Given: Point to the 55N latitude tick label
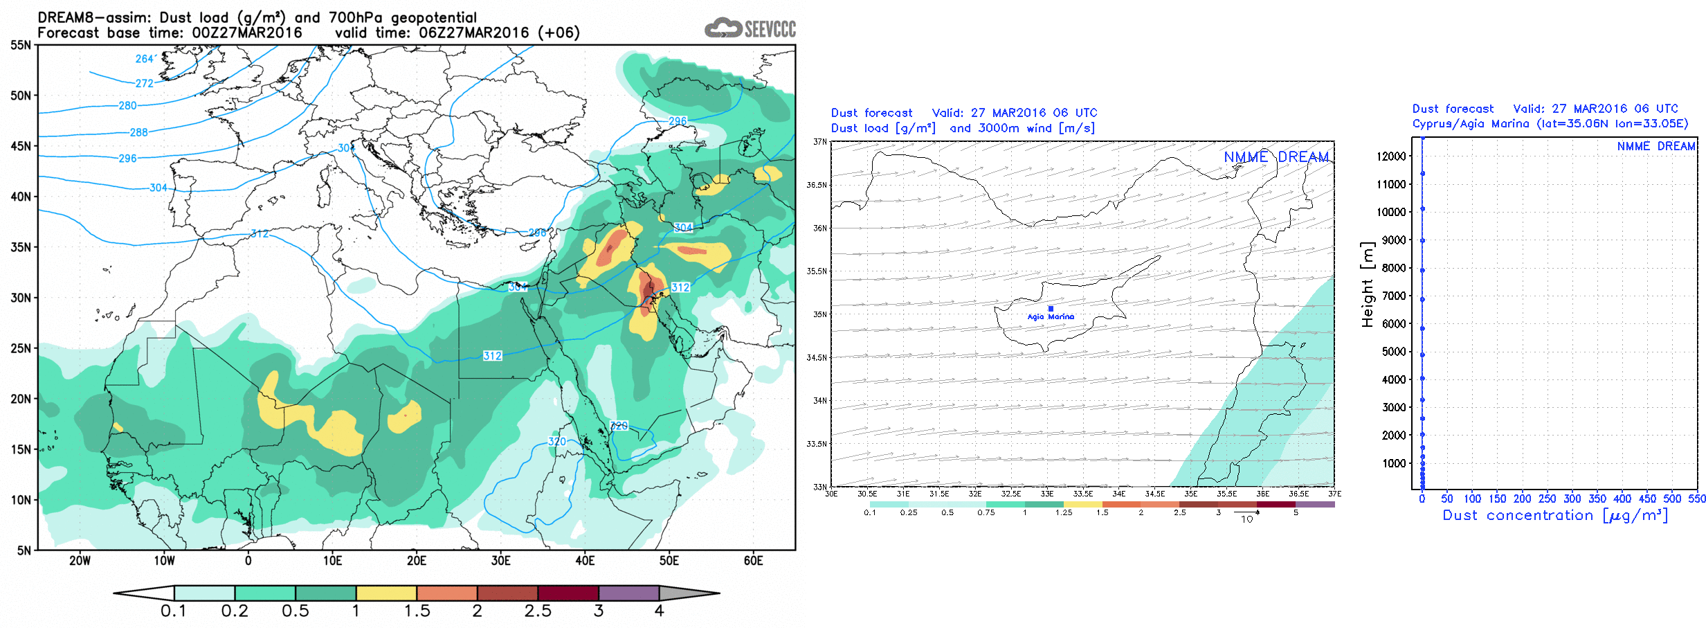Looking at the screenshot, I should [21, 45].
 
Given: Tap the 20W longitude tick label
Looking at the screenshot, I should [80, 561].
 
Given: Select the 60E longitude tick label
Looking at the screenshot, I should [753, 561].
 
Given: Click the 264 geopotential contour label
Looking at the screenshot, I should [144, 59].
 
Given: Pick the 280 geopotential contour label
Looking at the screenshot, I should [127, 105].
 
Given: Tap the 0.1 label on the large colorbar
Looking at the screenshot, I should [173, 611].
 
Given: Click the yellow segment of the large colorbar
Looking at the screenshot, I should [386, 593].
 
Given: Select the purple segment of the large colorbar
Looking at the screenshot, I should [628, 593].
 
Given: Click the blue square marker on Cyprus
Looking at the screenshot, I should [1051, 309].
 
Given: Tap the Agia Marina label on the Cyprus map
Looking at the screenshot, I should [1051, 317].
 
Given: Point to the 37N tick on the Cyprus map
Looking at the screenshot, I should [820, 141].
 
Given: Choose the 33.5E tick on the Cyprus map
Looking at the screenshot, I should [1083, 494].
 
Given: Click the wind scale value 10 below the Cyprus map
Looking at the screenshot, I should [1246, 519].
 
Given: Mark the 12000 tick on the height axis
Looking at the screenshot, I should [1391, 156].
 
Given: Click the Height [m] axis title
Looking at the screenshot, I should [1367, 284].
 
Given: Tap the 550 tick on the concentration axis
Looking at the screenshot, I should [1697, 499].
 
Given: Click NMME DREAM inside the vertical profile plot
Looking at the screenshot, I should [1655, 146].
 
